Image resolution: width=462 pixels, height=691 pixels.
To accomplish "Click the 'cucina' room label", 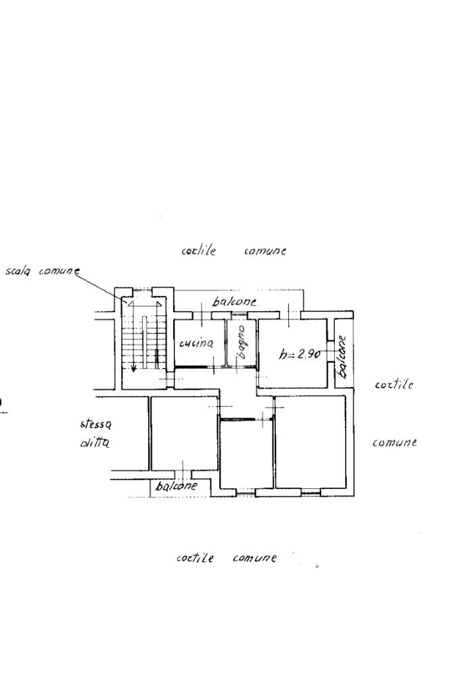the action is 196,343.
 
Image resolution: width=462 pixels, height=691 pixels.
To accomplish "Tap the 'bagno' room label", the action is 241,342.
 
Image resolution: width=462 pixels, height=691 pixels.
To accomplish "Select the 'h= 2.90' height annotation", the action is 300,353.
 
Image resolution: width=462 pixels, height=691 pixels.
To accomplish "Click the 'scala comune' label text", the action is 43,271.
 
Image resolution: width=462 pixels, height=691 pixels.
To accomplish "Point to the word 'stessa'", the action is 96,424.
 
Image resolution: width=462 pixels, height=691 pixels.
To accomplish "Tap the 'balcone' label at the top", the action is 234,302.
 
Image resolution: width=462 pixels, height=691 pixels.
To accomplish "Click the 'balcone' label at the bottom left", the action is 176,486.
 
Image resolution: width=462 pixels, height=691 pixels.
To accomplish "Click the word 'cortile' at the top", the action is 199,251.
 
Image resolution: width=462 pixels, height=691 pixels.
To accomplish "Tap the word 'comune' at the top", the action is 264,251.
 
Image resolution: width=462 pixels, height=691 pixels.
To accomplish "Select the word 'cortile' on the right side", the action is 394,384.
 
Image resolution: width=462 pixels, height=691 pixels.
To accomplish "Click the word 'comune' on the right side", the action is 394,442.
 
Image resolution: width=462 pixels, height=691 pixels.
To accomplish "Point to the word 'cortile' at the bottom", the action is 195,558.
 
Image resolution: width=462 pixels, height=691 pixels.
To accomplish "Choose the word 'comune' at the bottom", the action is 254,558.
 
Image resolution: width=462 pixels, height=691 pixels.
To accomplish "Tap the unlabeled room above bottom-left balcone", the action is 185,433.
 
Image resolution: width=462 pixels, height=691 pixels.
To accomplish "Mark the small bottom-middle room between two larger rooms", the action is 247,455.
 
